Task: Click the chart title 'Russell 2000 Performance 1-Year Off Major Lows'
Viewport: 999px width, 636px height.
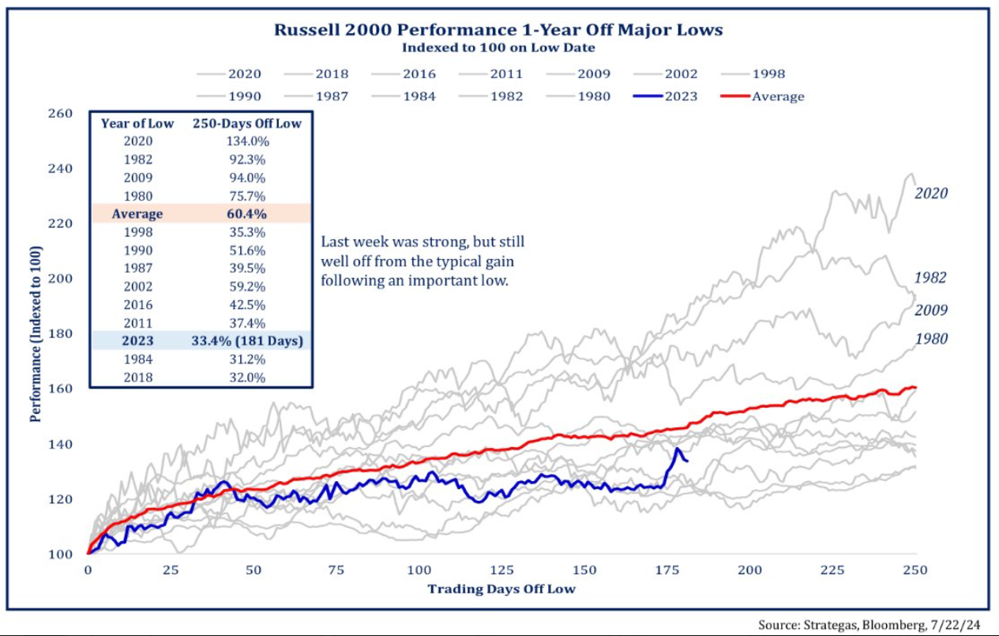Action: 498,30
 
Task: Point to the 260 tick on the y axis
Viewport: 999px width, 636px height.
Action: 60,114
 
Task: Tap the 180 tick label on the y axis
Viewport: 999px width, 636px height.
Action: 60,333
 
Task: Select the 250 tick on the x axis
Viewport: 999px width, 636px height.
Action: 914,570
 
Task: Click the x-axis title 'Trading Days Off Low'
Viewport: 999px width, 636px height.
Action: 501,589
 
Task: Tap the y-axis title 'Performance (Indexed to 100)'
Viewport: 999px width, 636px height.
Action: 35,333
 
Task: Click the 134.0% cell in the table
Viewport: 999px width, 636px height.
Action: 247,141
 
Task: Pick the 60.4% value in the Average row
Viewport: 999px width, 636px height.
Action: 247,214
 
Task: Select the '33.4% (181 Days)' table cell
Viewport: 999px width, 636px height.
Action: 247,341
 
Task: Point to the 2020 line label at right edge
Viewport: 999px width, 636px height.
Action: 931,194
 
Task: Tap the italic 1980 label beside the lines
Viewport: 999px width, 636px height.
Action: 931,339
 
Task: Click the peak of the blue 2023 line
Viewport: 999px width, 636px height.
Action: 678,449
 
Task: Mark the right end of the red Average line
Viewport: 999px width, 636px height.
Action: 914,387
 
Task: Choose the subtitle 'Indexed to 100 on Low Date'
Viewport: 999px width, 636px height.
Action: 498,47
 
